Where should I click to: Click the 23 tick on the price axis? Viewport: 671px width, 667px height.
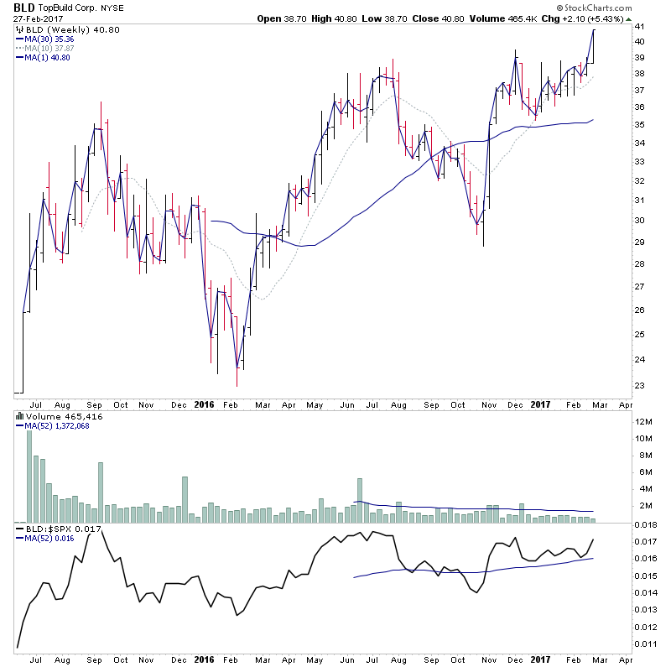[x=638, y=386]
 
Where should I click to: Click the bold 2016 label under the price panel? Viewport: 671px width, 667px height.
[x=205, y=404]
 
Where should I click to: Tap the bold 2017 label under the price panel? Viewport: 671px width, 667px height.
[x=538, y=404]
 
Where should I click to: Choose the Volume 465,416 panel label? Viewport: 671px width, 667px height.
[x=54, y=416]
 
